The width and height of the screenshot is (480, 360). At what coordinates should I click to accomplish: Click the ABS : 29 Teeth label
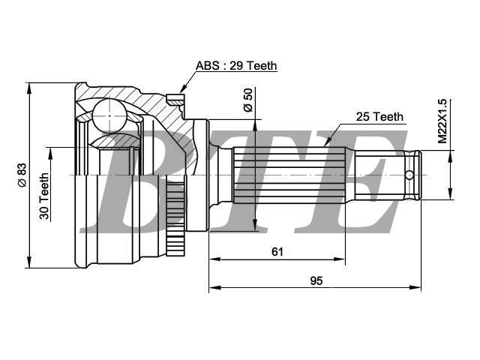coord(236,65)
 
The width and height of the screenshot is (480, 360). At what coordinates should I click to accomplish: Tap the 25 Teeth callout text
coord(379,117)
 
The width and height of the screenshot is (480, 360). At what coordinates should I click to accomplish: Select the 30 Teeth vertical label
coord(44,196)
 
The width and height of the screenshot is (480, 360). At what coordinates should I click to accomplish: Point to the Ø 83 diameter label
coord(22,175)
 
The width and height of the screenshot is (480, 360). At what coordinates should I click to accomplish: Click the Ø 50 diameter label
coord(248,100)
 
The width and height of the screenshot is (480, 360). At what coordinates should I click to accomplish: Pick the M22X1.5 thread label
coord(442,121)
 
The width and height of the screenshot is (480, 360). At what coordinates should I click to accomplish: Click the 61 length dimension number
coord(277,252)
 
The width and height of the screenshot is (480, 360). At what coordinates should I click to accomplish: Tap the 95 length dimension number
coord(316,280)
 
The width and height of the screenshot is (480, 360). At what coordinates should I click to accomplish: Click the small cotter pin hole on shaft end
coord(409,175)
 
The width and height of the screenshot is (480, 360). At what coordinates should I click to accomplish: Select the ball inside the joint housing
coord(109,115)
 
